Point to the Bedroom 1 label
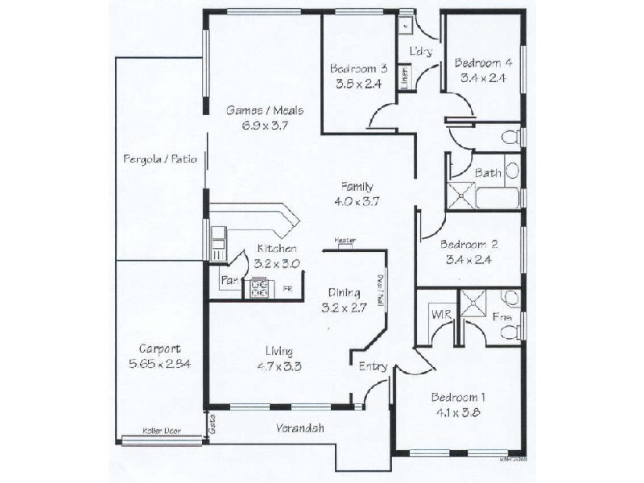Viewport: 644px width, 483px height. click(x=458, y=398)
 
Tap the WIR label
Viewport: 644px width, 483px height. click(x=440, y=315)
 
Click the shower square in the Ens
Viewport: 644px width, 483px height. click(x=473, y=303)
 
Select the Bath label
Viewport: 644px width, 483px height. click(x=488, y=172)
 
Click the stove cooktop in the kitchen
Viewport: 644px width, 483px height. click(x=260, y=288)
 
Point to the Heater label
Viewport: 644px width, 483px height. click(x=345, y=240)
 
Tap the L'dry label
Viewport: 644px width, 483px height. click(x=421, y=52)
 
